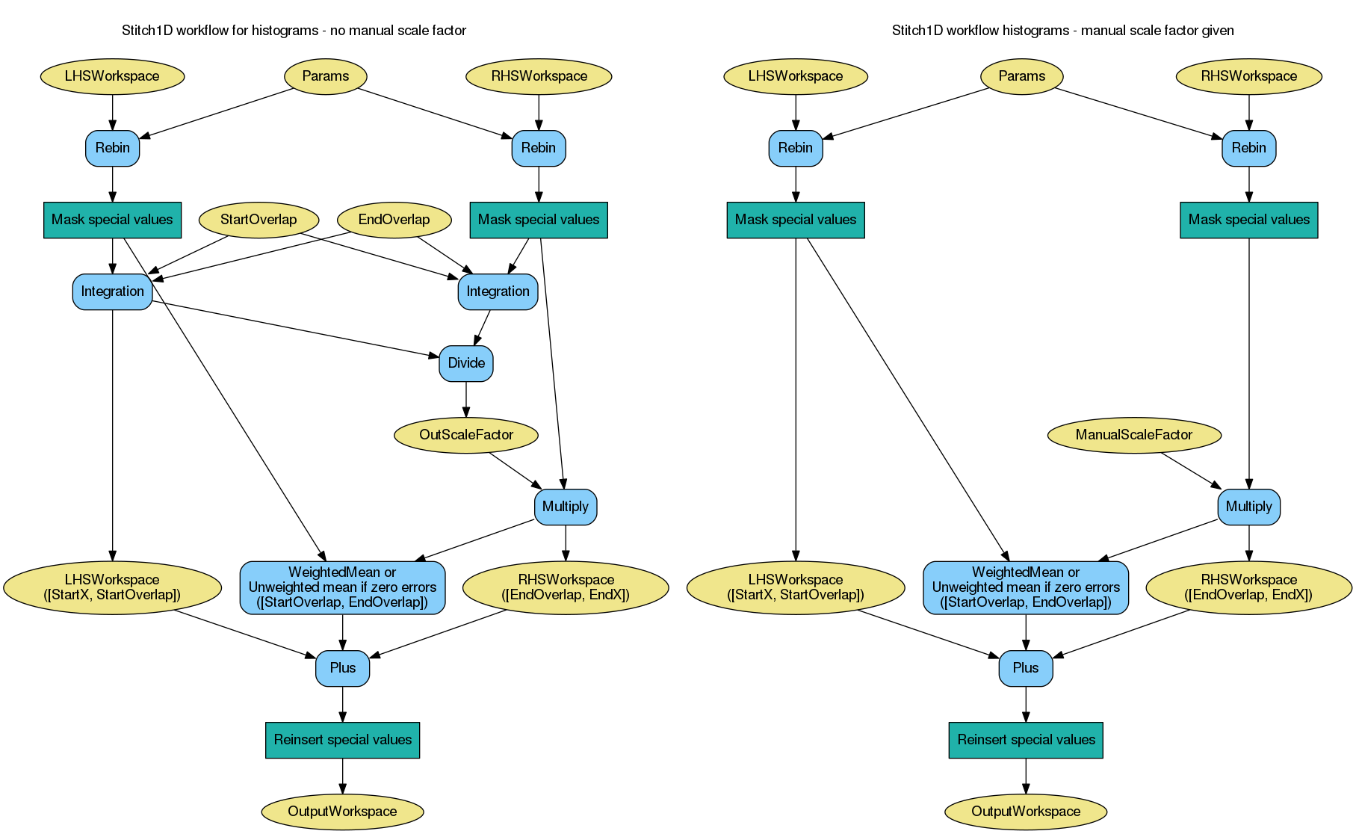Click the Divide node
[x=466, y=363]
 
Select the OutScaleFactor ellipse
[x=466, y=435]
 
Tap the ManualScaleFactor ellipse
[x=1133, y=435]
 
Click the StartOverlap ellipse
[x=258, y=220]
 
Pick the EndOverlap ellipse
[x=394, y=220]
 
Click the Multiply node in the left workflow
[x=566, y=507]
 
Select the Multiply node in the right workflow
[x=1248, y=507]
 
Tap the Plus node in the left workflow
[x=342, y=668]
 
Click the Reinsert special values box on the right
[x=1026, y=740]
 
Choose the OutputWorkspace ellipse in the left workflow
[x=342, y=812]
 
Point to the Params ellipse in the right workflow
[x=1021, y=76]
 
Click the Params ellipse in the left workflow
[x=326, y=76]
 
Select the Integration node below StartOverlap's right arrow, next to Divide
[x=498, y=291]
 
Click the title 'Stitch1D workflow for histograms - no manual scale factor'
[x=294, y=31]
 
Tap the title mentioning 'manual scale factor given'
[x=1062, y=31]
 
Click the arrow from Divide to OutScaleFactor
[x=466, y=399]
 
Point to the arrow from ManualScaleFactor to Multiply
[x=1189, y=470]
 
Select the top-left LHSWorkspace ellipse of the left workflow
[x=112, y=76]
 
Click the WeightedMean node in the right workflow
[x=1026, y=587]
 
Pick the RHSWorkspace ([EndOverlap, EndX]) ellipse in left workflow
[x=566, y=587]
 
